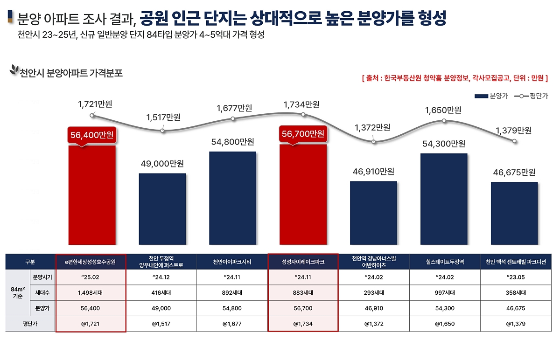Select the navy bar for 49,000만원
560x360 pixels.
click(162, 209)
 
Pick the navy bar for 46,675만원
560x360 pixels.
click(514, 213)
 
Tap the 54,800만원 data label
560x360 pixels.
click(232, 142)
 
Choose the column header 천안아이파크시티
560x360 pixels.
click(232, 262)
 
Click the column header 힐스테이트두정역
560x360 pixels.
click(444, 262)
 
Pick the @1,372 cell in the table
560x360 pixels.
click(373, 324)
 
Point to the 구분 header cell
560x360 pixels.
click(30, 262)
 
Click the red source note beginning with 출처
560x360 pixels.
click(455, 78)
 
